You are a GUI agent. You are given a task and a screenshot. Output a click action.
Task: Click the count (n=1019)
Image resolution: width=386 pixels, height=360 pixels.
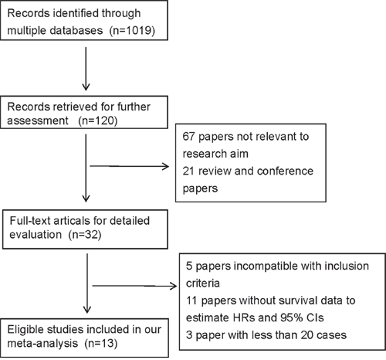132,31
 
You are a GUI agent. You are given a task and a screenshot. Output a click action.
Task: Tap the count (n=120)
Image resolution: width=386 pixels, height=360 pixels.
98,121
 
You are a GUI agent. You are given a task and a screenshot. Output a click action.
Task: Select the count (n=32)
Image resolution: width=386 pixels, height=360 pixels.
85,235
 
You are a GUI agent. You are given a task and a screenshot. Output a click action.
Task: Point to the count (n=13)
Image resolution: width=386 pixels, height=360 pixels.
101,343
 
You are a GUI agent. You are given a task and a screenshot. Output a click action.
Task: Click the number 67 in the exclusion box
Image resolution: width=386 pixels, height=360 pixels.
188,137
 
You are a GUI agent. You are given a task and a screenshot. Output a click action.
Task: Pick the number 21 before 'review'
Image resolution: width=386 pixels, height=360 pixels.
188,171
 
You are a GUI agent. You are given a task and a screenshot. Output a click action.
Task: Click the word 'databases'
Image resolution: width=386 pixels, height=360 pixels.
76,30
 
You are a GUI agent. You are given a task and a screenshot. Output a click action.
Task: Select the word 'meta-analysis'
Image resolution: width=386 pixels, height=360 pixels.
42,343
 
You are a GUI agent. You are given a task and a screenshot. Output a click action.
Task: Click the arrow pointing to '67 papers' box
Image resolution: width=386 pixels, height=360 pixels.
129,166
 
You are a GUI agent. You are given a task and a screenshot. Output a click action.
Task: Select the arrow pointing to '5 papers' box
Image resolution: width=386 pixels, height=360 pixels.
134,286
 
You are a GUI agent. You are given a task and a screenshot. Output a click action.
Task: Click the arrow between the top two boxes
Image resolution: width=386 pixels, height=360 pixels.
86,69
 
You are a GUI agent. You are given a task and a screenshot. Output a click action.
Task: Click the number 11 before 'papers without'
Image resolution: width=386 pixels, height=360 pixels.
191,301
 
